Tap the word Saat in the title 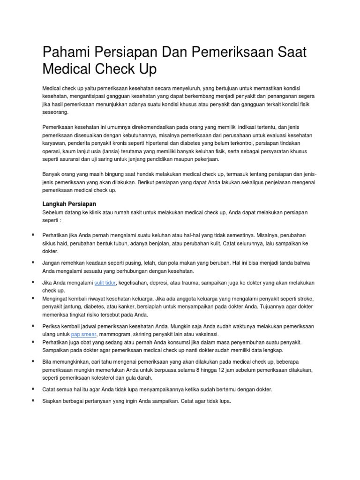[x=291, y=52]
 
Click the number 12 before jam [x=251, y=370]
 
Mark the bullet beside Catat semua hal [x=34, y=389]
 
